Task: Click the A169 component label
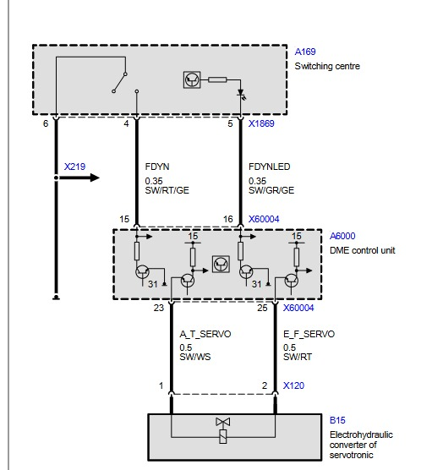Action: [x=305, y=52]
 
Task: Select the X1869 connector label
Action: [x=261, y=123]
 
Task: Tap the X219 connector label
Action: [x=74, y=167]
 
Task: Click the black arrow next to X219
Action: [x=79, y=178]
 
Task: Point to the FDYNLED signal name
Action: [x=270, y=167]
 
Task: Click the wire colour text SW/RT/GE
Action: [x=167, y=190]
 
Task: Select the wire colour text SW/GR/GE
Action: [x=271, y=190]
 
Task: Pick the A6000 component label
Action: [x=342, y=236]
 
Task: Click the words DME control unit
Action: [x=362, y=250]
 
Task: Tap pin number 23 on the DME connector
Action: [x=159, y=308]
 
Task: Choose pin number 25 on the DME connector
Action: [x=262, y=308]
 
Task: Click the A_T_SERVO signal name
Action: [x=205, y=334]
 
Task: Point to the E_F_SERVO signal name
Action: [x=309, y=334]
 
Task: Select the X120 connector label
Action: [x=293, y=385]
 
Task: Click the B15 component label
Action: [x=337, y=420]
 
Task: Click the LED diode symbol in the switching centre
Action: [x=241, y=94]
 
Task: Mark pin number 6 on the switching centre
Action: [x=46, y=123]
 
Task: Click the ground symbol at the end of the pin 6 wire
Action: [x=56, y=298]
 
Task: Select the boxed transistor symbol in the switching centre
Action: [x=192, y=79]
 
